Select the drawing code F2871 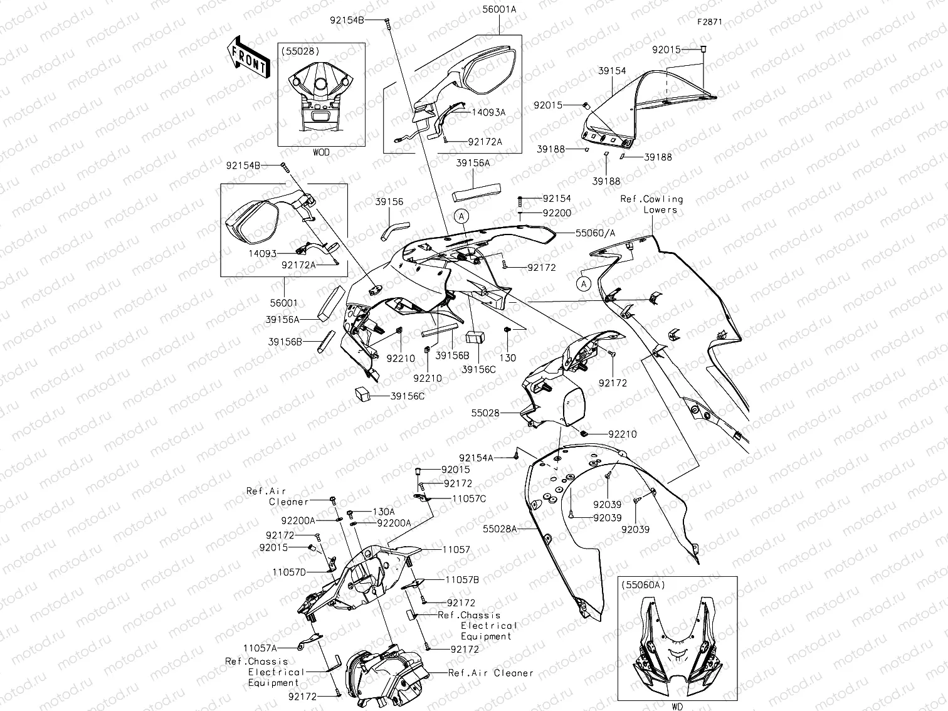(710, 21)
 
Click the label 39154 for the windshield (611, 71)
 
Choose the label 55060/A (595, 233)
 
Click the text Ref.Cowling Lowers (652, 204)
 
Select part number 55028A (500, 529)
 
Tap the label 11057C (469, 498)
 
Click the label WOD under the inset (320, 152)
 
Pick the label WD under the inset (677, 707)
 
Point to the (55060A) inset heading (643, 584)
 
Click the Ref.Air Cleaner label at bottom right (490, 673)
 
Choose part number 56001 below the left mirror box (283, 303)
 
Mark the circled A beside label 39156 (461, 216)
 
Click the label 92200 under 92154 (557, 213)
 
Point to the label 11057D (289, 572)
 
